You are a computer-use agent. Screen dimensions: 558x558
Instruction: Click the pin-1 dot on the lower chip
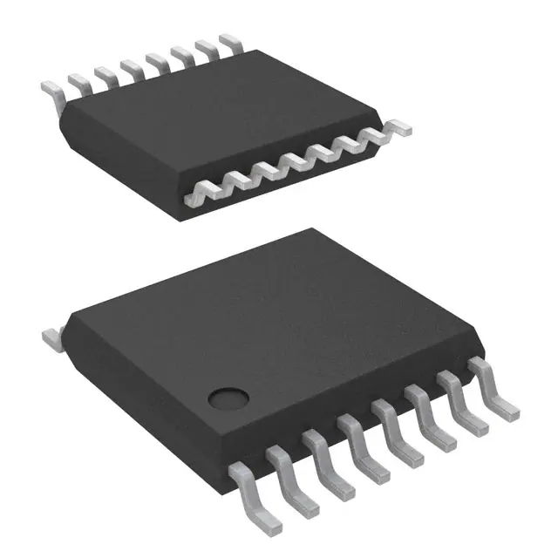(x=229, y=397)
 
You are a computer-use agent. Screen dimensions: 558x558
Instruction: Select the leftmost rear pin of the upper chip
(x=51, y=86)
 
